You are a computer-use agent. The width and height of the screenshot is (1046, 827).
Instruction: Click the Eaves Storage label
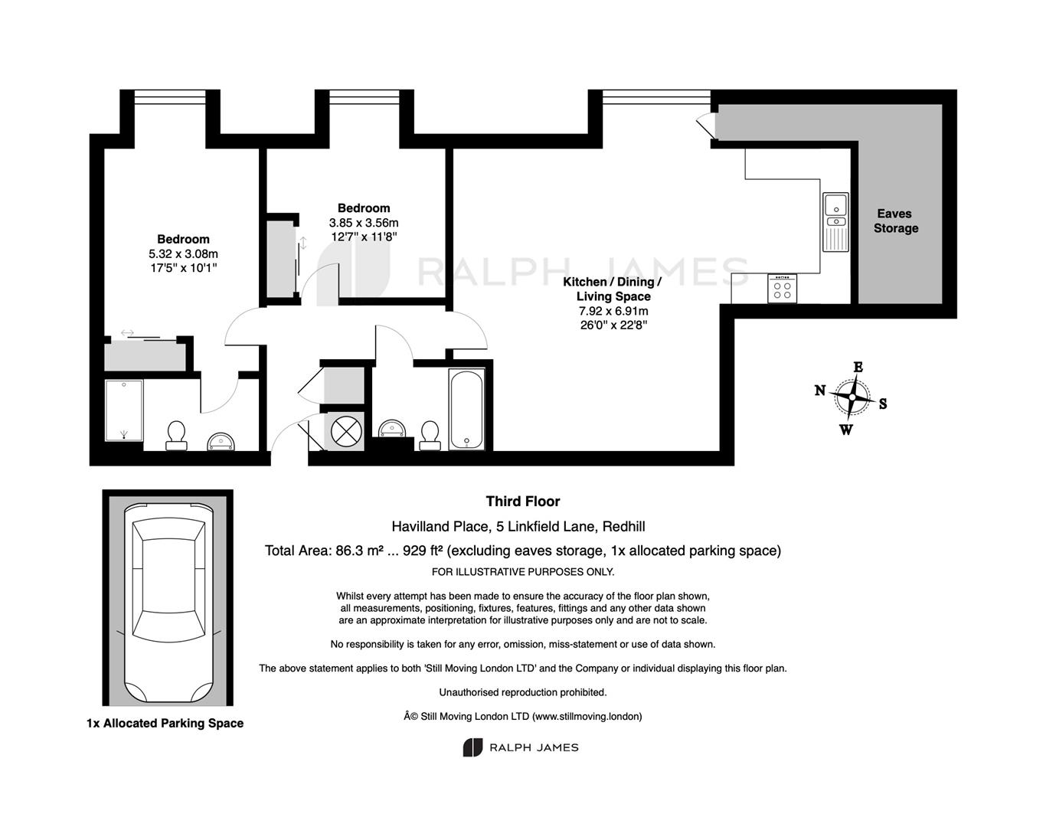coord(895,221)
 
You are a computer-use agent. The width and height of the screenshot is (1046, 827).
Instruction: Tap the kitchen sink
coord(835,222)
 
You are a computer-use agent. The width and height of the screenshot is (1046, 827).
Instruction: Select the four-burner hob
coord(782,289)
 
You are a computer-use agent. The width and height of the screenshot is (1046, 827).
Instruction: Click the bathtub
coord(466,410)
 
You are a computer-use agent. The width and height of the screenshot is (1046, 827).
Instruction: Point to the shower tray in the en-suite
coord(124,410)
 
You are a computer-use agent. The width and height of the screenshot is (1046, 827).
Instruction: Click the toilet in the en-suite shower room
coord(176,436)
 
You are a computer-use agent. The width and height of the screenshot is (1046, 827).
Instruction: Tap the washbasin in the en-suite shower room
coord(221,442)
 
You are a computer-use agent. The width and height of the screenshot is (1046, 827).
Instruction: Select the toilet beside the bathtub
coord(430,436)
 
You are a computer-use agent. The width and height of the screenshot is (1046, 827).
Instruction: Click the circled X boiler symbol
coord(346,431)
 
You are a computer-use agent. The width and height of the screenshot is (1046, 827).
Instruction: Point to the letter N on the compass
coord(820,391)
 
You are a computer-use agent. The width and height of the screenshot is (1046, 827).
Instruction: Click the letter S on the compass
coord(883,404)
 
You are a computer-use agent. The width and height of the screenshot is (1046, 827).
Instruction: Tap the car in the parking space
coord(168,603)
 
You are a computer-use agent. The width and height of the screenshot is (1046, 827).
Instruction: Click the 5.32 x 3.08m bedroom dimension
coord(183,253)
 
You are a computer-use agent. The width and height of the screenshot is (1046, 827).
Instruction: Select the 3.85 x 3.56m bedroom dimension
coord(364,223)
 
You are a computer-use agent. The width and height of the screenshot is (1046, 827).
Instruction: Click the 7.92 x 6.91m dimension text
coord(613,311)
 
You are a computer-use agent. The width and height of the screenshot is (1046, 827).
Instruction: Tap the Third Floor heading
coord(523,502)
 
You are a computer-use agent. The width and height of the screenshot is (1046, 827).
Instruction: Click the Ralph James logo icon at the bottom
coord(472,747)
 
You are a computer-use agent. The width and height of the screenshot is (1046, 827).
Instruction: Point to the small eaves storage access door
coord(706,126)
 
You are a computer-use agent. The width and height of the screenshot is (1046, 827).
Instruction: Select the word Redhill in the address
coord(623,527)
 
